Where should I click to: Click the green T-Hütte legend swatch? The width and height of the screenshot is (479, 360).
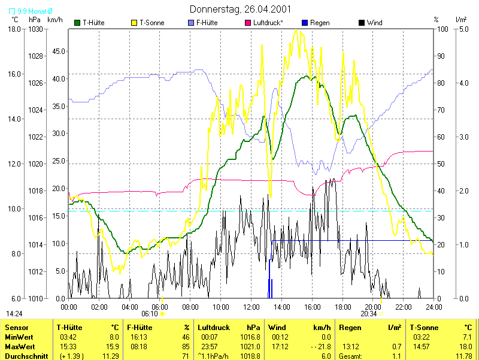pos(77,23)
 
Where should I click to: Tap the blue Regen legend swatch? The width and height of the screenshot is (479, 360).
pos(305,23)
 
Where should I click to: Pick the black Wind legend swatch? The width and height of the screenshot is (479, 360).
pos(361,23)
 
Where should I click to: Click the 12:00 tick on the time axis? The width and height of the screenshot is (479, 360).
pos(251,307)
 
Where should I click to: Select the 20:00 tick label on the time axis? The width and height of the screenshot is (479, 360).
pos(372,307)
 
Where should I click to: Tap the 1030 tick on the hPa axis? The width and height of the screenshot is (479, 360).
pos(36,29)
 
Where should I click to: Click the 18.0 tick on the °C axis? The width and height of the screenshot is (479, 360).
pos(15,29)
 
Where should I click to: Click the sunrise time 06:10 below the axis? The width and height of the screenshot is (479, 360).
pos(149,313)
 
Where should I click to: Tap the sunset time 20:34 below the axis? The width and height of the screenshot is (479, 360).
pos(369,313)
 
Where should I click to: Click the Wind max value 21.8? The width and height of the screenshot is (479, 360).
pos(324,347)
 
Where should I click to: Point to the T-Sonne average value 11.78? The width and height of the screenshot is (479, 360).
pos(464,356)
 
